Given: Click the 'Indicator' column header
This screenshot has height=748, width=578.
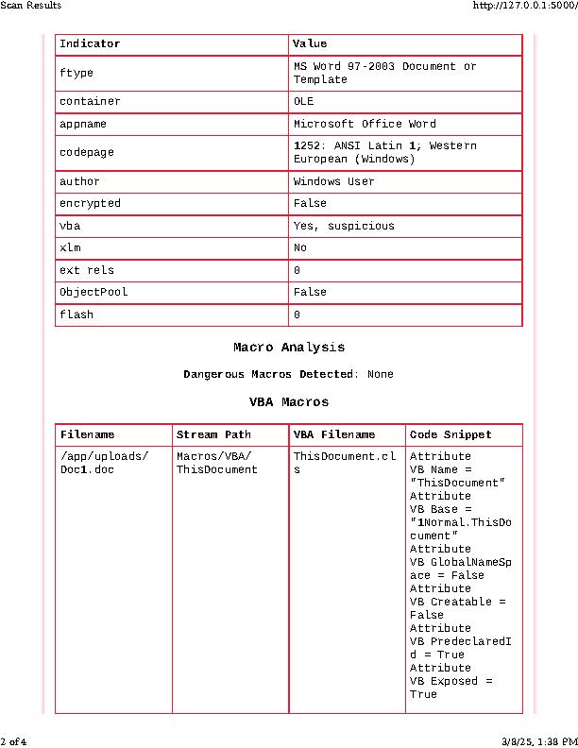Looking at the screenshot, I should pyautogui.click(x=90, y=44).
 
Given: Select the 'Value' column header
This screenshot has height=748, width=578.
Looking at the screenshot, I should pyautogui.click(x=310, y=44).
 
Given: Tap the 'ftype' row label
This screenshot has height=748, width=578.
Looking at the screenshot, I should pyautogui.click(x=76, y=73).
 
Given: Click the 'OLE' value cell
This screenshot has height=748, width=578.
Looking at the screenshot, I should pyautogui.click(x=304, y=101).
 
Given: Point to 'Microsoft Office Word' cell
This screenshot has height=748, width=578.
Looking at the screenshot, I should pyautogui.click(x=365, y=124).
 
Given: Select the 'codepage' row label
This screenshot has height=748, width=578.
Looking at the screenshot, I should pyautogui.click(x=83, y=152).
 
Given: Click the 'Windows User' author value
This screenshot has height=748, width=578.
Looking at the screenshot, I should pyautogui.click(x=333, y=181).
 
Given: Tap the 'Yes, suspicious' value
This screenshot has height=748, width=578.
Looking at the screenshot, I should pyautogui.click(x=344, y=226).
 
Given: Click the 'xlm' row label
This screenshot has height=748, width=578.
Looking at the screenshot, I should pyautogui.click(x=70, y=247).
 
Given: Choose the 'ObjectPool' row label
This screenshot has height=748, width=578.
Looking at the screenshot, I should pyautogui.click(x=93, y=292).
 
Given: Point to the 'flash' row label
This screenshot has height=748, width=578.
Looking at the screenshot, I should pyautogui.click(x=76, y=314).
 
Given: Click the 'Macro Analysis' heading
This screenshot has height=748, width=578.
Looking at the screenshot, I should pyautogui.click(x=289, y=348).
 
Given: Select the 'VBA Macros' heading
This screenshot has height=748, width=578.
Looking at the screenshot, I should pyautogui.click(x=289, y=401).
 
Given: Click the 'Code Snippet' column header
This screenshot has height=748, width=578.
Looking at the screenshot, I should pyautogui.click(x=450, y=435).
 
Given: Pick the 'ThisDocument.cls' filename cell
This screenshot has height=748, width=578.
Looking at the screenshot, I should pyautogui.click(x=333, y=463).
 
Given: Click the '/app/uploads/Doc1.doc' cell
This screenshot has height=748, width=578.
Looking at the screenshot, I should pyautogui.click(x=104, y=463).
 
